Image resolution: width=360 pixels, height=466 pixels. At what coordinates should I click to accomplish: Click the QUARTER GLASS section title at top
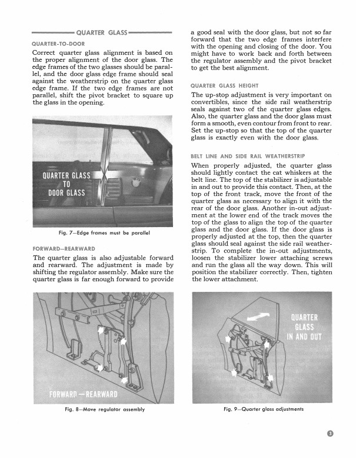101,32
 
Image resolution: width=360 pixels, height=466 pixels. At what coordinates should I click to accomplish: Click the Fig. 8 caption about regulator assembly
103,409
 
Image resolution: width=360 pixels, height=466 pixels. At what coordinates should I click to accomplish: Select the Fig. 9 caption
264,409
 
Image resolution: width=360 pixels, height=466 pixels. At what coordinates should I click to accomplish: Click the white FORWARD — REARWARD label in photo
84,393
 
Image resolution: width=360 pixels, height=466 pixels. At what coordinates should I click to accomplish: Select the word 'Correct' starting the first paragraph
44,54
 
